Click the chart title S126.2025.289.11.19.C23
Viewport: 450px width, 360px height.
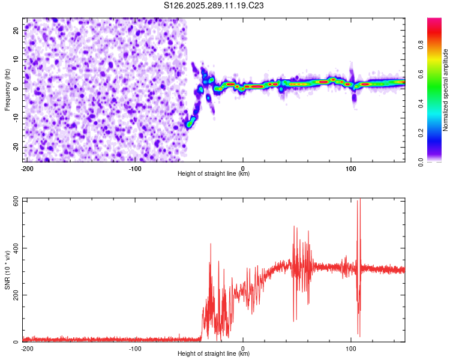tap(215, 6)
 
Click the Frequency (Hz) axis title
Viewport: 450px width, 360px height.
tap(7, 90)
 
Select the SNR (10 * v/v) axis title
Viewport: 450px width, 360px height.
tap(7, 271)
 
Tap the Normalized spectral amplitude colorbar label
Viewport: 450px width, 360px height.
tap(446, 90)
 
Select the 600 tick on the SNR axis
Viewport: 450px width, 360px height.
tap(14, 200)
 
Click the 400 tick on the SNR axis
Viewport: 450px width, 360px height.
tap(14, 248)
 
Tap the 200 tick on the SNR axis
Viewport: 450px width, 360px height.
tap(14, 295)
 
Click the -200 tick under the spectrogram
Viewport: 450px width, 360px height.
tap(27, 168)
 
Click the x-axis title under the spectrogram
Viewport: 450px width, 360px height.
tap(214, 174)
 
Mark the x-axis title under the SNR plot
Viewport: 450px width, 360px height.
tap(214, 354)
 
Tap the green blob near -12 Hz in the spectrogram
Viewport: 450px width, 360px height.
tap(189, 124)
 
